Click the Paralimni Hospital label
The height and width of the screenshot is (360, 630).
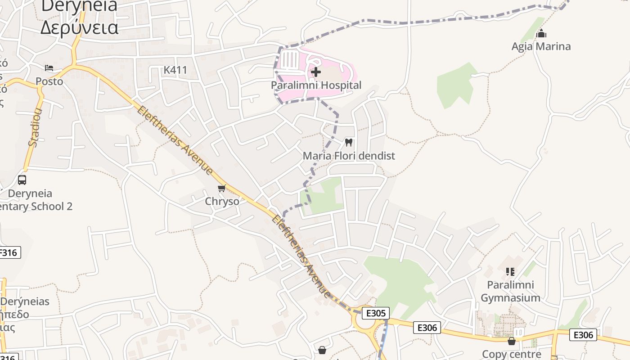pyautogui.click(x=316, y=85)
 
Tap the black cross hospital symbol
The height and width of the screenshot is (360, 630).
pyautogui.click(x=316, y=72)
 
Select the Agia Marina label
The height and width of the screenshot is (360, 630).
pyautogui.click(x=541, y=46)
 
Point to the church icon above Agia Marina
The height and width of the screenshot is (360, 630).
pyautogui.click(x=541, y=33)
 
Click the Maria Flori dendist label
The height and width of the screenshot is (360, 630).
pyautogui.click(x=349, y=156)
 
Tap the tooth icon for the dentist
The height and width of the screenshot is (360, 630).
pyautogui.click(x=348, y=142)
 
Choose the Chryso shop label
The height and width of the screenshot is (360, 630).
pyautogui.click(x=222, y=201)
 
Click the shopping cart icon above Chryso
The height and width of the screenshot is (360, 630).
pyautogui.click(x=221, y=188)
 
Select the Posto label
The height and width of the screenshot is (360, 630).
pyautogui.click(x=49, y=81)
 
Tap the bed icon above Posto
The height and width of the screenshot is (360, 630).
pyautogui.click(x=49, y=68)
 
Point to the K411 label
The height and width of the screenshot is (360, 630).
pyautogui.click(x=175, y=70)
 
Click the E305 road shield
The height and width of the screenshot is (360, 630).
pyautogui.click(x=375, y=313)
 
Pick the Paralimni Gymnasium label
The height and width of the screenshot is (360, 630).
pyautogui.click(x=510, y=291)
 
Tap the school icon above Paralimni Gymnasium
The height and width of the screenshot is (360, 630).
pyautogui.click(x=510, y=271)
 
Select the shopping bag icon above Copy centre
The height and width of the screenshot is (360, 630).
pyautogui.click(x=511, y=342)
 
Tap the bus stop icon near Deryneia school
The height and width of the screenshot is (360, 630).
pyautogui.click(x=22, y=180)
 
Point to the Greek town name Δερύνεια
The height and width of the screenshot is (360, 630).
pyautogui.click(x=79, y=27)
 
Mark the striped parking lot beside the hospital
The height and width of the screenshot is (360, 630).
pyautogui.click(x=290, y=60)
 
